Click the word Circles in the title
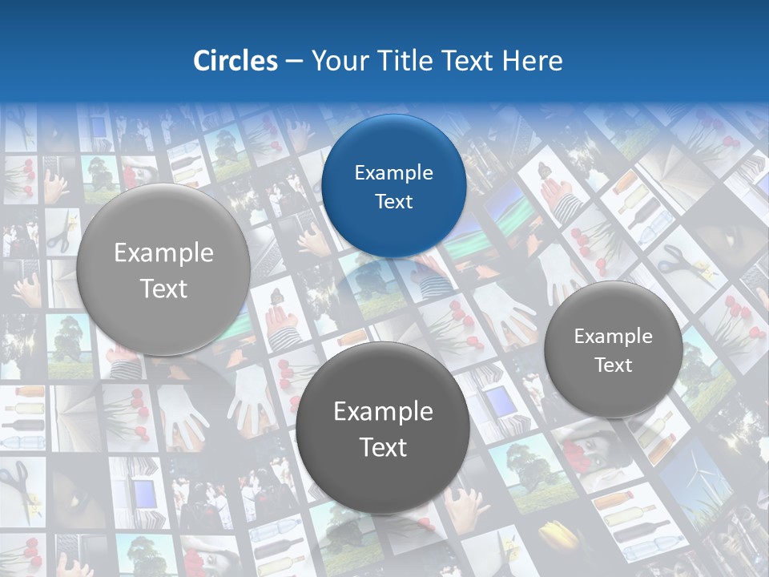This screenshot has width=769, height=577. (x=235, y=61)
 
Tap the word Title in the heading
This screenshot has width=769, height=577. (x=409, y=61)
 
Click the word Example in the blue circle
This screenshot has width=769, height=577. (x=393, y=173)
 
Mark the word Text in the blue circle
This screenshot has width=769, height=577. (x=393, y=202)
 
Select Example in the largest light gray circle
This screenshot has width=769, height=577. (x=163, y=253)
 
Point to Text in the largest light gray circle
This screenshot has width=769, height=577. (x=163, y=288)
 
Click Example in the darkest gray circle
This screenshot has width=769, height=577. (x=383, y=412)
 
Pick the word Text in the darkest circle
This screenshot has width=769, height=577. (x=383, y=447)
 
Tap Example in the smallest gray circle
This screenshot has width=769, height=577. (x=613, y=337)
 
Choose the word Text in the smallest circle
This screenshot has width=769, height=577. (x=613, y=365)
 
